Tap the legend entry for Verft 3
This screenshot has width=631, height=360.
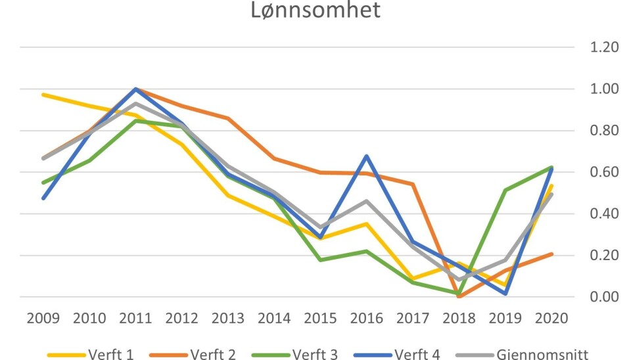coord(314,354)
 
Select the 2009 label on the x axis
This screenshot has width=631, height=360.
coord(43,319)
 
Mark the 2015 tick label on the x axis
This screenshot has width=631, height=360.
coord(320,319)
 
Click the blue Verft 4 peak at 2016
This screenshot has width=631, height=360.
coord(367,156)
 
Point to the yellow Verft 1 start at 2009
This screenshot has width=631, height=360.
coord(43,95)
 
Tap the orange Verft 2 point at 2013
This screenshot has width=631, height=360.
coord(228,118)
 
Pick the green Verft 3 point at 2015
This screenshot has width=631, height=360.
coord(320,260)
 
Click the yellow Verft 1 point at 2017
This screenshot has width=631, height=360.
coord(413,279)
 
